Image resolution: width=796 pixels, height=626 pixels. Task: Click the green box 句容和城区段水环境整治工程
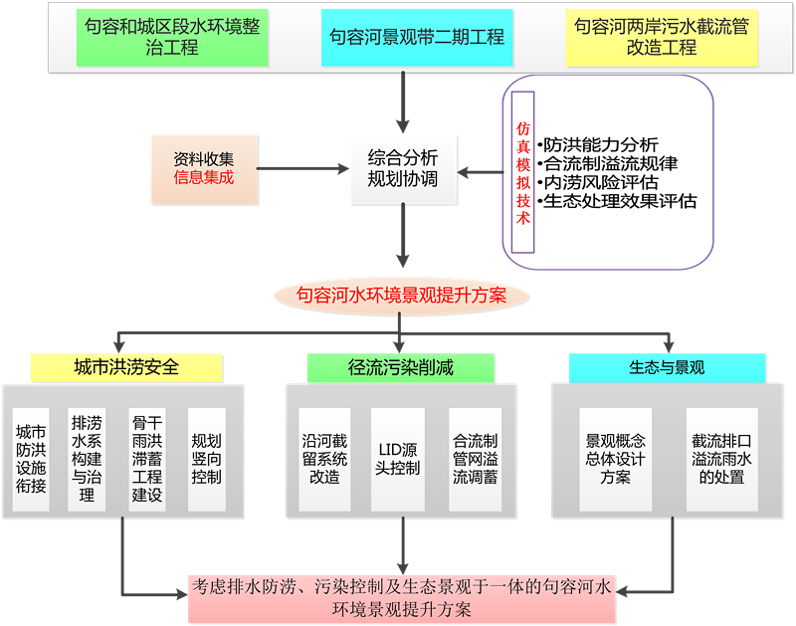click(x=173, y=38)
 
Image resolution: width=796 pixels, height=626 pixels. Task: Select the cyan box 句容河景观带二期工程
click(x=418, y=38)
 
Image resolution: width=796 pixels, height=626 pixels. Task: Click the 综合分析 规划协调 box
click(x=402, y=168)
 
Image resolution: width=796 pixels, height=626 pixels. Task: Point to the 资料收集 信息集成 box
click(x=204, y=167)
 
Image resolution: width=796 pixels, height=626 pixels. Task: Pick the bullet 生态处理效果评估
click(x=621, y=201)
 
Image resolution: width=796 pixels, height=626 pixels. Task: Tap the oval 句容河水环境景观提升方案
click(x=402, y=295)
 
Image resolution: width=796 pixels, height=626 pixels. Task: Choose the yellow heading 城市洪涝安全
click(x=126, y=367)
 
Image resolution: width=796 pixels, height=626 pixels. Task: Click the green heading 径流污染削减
click(x=401, y=367)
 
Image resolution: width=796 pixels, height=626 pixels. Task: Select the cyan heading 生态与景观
click(x=667, y=367)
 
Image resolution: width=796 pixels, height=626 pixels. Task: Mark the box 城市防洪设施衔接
click(x=31, y=459)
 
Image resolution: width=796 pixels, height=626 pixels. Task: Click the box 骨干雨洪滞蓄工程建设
click(x=147, y=459)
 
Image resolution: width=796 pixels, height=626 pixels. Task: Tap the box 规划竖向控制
click(x=206, y=459)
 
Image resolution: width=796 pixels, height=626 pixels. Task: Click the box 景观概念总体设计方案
click(x=616, y=459)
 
